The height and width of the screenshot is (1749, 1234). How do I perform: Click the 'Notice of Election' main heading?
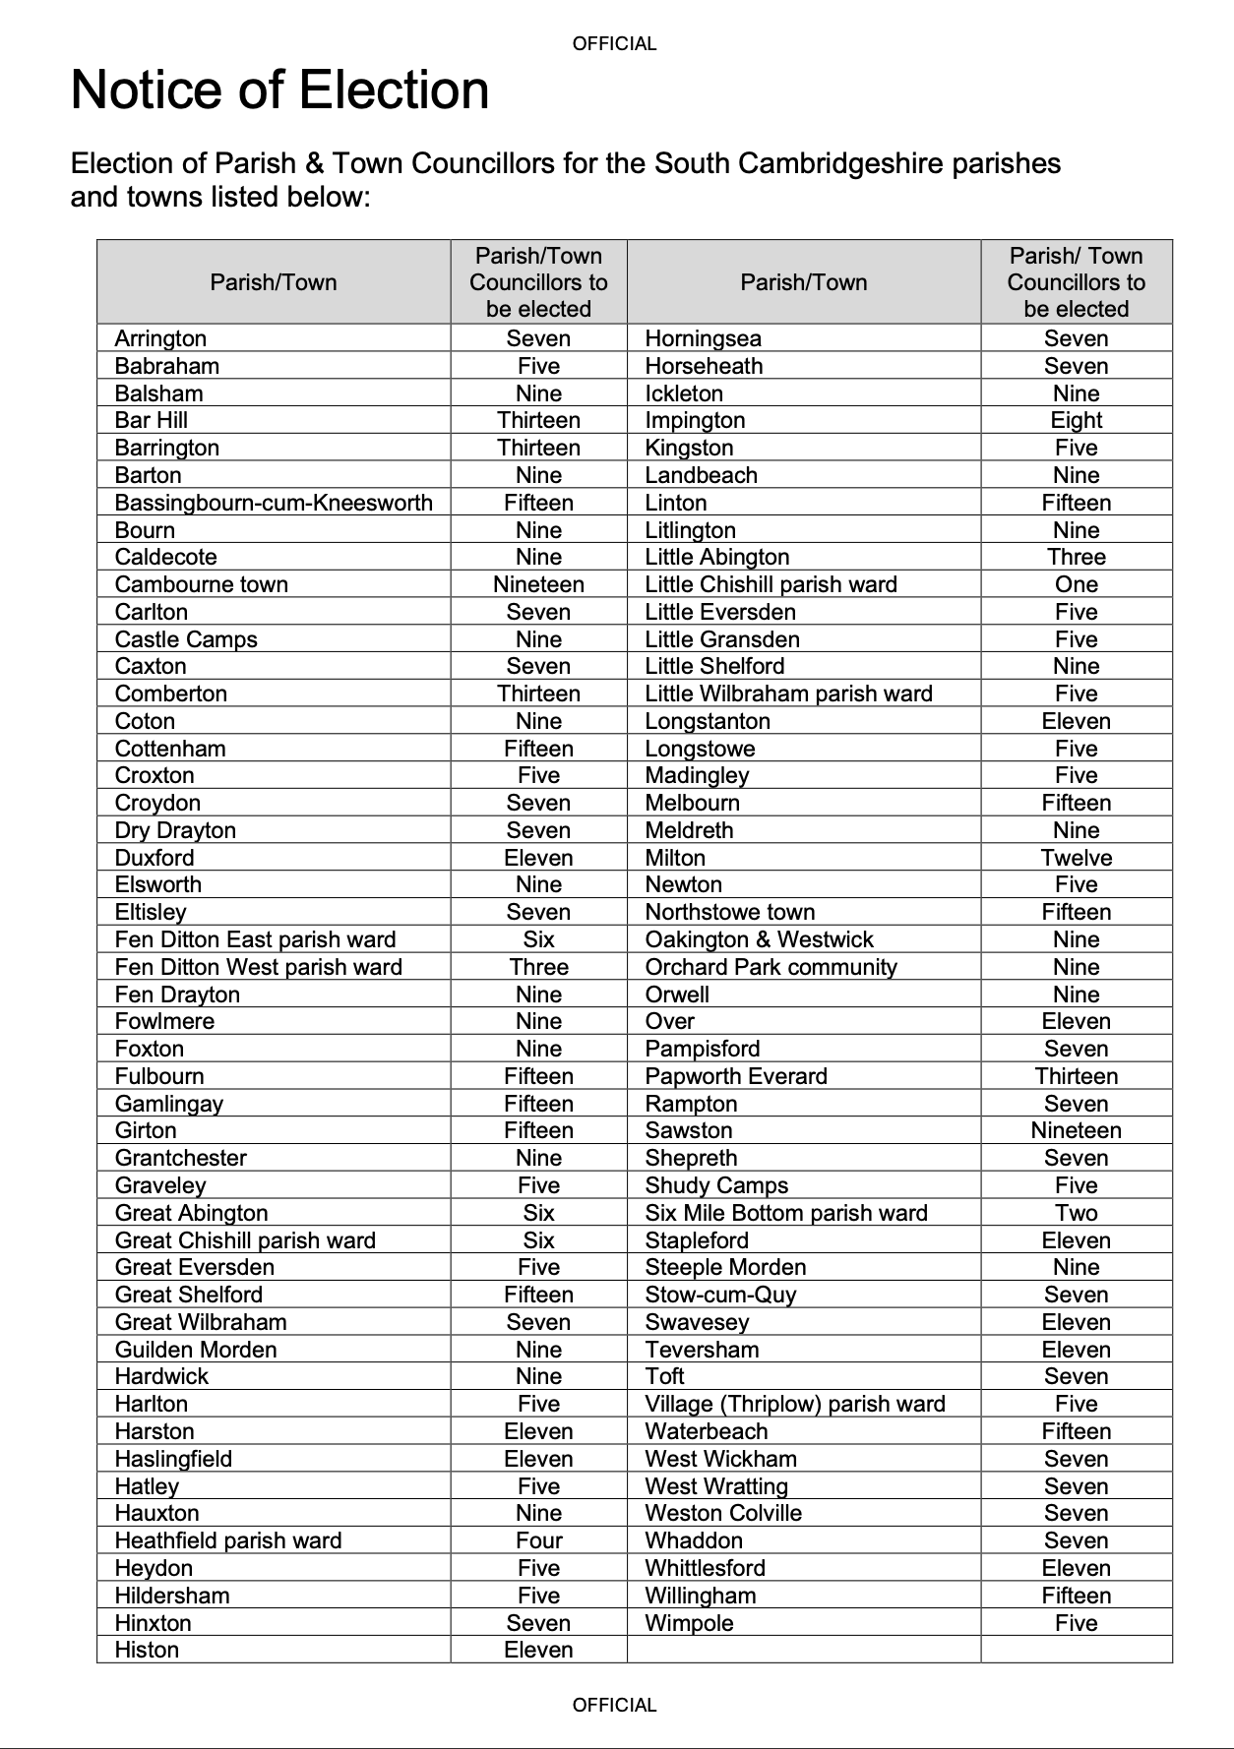click(279, 90)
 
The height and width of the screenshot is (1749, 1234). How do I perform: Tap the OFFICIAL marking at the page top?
click(614, 43)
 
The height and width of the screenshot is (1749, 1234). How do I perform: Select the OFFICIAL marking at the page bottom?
click(614, 1705)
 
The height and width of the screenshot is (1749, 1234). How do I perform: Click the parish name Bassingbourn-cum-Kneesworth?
click(274, 503)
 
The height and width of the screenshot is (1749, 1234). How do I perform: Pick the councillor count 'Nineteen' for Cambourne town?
click(538, 584)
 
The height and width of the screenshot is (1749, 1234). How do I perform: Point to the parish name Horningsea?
click(703, 338)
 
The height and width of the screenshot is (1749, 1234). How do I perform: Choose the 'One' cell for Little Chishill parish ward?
click(1076, 584)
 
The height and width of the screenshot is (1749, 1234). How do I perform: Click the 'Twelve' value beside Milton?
click(1076, 858)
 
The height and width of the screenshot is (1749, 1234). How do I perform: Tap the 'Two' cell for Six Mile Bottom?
click(1076, 1213)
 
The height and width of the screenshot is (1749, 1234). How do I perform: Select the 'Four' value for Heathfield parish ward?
click(538, 1540)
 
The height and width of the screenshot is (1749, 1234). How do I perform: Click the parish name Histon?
click(147, 1650)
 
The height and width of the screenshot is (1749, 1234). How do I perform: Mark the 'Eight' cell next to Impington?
click(1076, 420)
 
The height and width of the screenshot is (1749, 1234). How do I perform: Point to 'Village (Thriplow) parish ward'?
click(794, 1404)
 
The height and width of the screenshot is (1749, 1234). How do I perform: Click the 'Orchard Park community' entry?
click(771, 967)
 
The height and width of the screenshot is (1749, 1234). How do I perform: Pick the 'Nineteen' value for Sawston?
click(1076, 1130)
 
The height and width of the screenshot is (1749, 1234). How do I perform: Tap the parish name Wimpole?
click(689, 1623)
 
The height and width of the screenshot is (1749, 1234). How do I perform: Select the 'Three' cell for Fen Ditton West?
click(538, 967)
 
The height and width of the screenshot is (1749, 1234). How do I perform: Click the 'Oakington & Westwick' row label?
click(759, 939)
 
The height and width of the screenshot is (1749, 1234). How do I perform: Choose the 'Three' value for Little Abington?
click(1076, 557)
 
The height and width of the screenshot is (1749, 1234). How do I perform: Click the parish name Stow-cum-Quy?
click(720, 1295)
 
